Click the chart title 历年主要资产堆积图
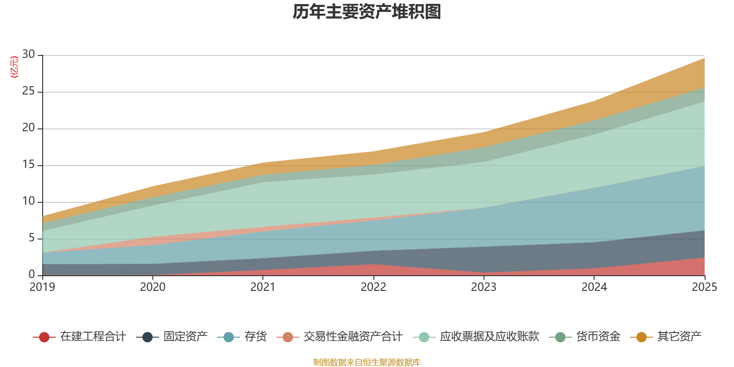(367, 12)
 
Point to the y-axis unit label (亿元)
(14, 67)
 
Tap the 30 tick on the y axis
(28, 54)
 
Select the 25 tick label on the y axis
(28, 91)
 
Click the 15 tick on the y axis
(28, 164)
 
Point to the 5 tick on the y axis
(32, 238)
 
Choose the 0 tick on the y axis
(32, 274)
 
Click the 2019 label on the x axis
(42, 287)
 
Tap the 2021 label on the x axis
(263, 287)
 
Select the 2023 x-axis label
(484, 287)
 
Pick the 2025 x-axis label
(705, 287)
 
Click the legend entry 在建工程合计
(79, 337)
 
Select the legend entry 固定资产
(172, 337)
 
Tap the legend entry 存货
(242, 337)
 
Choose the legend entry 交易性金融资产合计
(339, 337)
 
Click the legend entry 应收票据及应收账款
(476, 337)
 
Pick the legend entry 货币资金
(584, 337)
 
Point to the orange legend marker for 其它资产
(641, 337)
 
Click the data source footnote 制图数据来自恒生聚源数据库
(367, 362)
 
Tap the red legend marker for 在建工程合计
(44, 337)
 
